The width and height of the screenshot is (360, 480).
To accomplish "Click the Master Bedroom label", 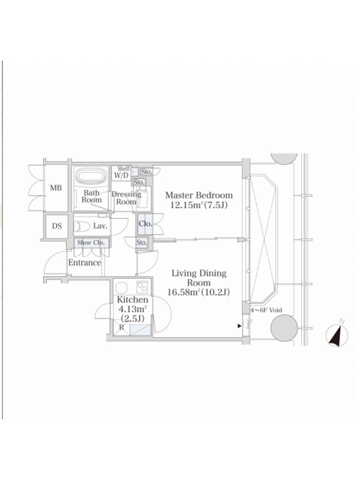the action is (x=199, y=195).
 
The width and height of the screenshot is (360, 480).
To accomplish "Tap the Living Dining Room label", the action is (x=199, y=278).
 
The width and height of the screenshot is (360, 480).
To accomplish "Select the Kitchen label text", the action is (x=133, y=299).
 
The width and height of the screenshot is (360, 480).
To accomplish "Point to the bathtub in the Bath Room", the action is (x=91, y=176).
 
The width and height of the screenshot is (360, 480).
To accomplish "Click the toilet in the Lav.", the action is (x=82, y=227).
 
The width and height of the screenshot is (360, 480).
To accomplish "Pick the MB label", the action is (x=56, y=188).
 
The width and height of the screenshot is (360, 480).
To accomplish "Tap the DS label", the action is (x=56, y=226).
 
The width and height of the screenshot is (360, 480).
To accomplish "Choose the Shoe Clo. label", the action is (x=91, y=243).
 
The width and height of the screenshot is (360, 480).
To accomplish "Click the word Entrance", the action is (x=85, y=263).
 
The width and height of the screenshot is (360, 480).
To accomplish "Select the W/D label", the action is (x=121, y=176).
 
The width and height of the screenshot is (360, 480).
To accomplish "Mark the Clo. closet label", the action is (x=145, y=224).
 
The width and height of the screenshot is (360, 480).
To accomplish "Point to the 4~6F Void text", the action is (x=266, y=310).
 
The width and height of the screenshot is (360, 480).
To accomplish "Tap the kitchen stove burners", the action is (x=142, y=287).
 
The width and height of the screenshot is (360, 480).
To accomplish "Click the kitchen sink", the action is (x=121, y=287).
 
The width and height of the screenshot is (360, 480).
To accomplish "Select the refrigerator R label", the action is (x=122, y=327).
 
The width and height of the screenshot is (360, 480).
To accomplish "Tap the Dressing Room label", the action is (x=126, y=198).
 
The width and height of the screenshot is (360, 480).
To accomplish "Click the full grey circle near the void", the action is (x=284, y=328).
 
